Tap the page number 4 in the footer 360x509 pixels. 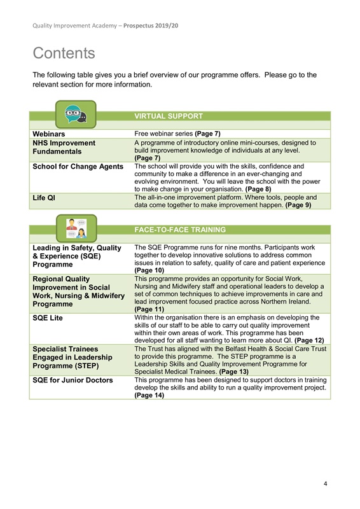coord(325,484)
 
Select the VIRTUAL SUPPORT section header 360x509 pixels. coord(169,116)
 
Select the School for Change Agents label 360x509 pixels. coord(78,167)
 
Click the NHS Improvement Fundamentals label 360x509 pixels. coord(64,147)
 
